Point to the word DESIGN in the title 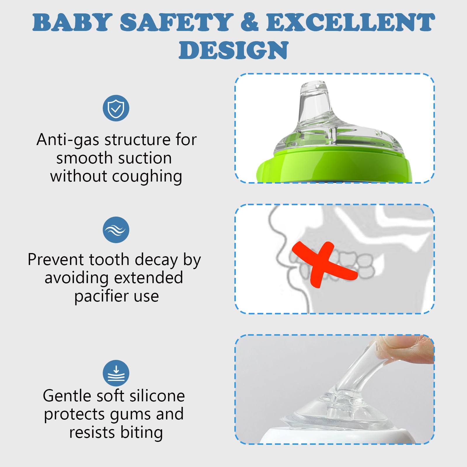pos(233,50)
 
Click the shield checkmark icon pos(116,108)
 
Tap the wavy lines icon pos(116,230)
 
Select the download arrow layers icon pos(116,373)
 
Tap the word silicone pos(157,396)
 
